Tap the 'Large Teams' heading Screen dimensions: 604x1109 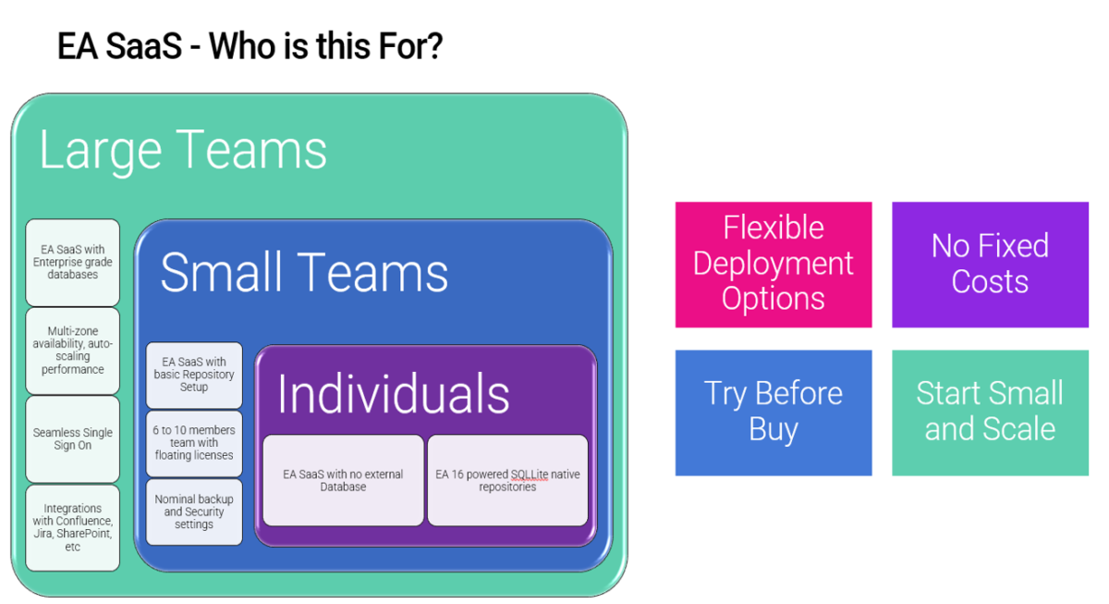point(183,150)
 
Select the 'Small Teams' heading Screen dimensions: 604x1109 point(304,272)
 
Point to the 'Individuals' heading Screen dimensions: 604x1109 point(394,394)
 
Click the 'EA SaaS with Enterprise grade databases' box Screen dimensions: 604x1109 point(73,262)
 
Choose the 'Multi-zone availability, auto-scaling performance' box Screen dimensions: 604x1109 point(73,351)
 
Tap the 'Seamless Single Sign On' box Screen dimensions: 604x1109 point(73,438)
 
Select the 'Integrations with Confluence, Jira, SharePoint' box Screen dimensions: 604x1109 point(73,527)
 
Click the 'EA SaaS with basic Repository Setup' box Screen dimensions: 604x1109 point(194,375)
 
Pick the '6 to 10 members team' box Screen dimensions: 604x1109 point(194,442)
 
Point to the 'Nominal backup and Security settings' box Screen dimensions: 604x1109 point(194,512)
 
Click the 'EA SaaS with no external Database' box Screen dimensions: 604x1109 point(343,480)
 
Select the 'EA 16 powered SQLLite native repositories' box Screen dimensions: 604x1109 point(507,480)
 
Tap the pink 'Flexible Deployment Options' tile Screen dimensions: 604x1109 point(773,264)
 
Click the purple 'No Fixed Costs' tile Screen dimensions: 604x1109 point(990,264)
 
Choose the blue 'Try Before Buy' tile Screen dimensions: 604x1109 point(773,412)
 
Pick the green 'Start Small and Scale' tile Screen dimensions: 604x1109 point(990,412)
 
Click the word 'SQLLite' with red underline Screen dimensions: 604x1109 point(530,475)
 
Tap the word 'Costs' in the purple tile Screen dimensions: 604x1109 point(990,281)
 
